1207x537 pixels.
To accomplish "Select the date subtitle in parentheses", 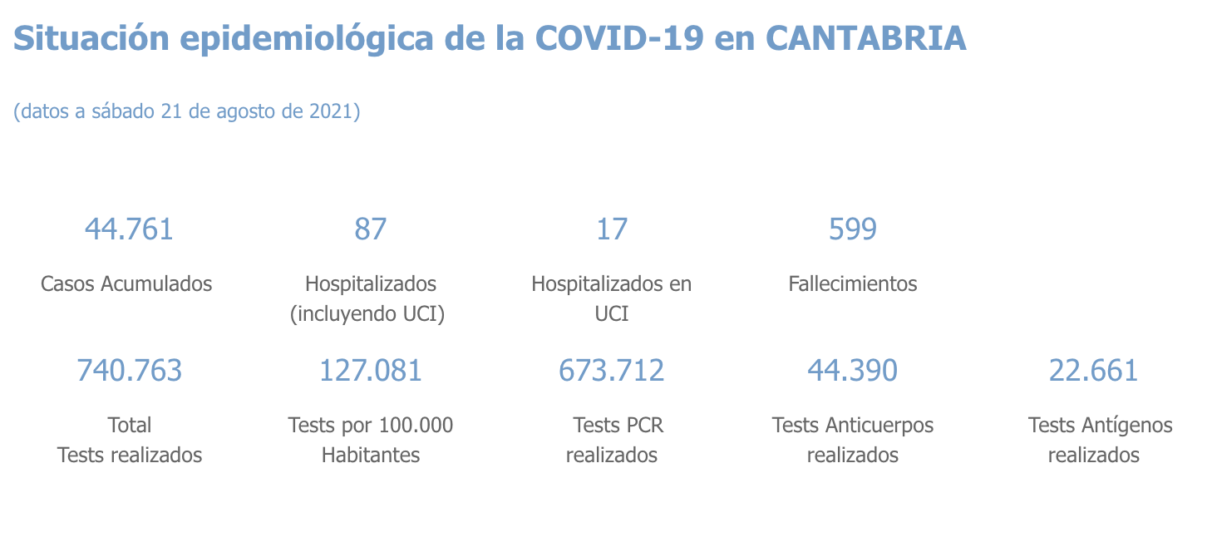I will tap(187, 111).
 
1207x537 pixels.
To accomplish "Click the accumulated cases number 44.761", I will tap(129, 229).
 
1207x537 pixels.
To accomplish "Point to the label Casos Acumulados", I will tap(126, 284).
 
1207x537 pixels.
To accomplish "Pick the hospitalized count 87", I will tap(371, 229).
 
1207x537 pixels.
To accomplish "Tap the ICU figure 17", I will tap(612, 229).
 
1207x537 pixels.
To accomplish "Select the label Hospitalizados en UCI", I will tap(612, 298).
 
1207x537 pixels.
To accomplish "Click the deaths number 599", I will tap(853, 229).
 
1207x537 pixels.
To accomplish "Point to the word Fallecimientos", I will tap(853, 284).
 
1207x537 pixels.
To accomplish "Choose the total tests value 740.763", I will tap(129, 370).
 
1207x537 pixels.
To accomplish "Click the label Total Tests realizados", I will tap(130, 440).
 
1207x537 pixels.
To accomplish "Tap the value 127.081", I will tap(371, 370).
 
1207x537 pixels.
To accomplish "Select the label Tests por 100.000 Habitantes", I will tap(371, 440).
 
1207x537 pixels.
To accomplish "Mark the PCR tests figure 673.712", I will tap(612, 370).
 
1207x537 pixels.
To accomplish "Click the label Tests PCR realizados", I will tap(613, 440).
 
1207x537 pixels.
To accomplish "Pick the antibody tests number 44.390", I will tap(853, 370).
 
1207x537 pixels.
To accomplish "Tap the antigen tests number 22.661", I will tap(1094, 370).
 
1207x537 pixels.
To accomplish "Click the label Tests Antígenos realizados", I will tap(1099, 440).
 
